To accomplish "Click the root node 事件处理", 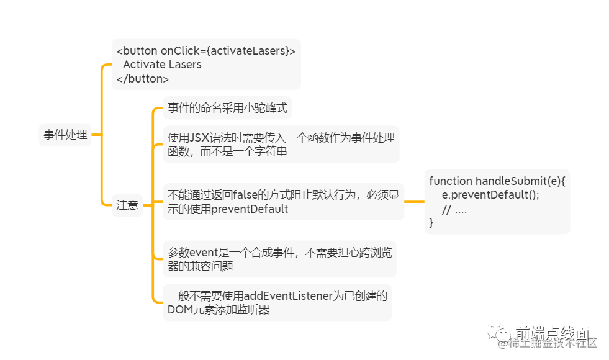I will (65, 134).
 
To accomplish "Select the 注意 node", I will (127, 204).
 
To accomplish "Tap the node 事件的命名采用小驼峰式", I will (227, 108).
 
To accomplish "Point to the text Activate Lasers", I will (162, 65).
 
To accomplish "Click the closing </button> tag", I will (143, 79).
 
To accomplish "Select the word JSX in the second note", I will (201, 137).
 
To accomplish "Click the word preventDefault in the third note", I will (250, 209).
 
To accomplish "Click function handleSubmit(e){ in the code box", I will (497, 181).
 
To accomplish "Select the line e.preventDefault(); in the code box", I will (490, 195).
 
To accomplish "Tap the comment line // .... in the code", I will (454, 209).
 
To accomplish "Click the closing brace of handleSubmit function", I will (431, 223).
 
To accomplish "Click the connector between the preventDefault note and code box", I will (413, 202).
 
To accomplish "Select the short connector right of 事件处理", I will (96, 134).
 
